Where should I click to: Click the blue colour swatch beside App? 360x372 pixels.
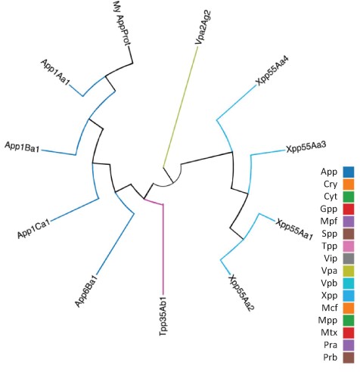[349, 172]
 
